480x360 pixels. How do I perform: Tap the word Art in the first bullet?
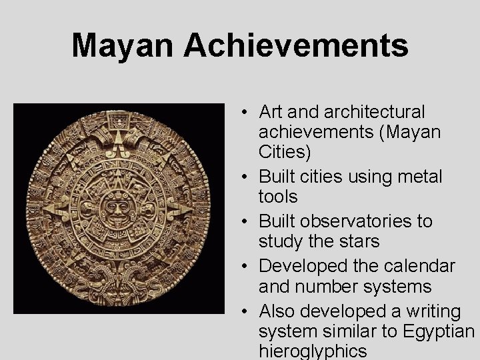click(271, 112)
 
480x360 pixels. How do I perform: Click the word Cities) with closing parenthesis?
click(285, 153)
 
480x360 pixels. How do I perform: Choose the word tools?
click(278, 197)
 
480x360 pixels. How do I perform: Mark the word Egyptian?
click(437, 331)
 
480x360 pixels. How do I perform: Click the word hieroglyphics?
click(313, 351)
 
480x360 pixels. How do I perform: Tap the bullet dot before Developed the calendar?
click(246, 266)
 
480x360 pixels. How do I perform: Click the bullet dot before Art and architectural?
click(246, 112)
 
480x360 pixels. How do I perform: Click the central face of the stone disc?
click(119, 209)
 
